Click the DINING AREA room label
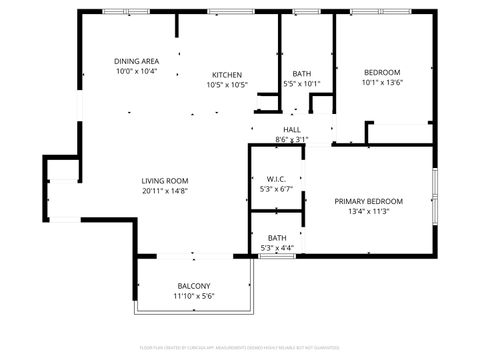pos(136,61)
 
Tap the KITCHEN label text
pos(227,74)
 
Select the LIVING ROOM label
pos(165,180)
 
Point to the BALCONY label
pos(194,285)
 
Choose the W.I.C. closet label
pos(276,178)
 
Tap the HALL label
pos(292,129)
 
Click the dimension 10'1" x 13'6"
pos(382,84)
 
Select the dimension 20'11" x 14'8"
pos(165,191)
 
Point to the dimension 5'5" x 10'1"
pos(301,84)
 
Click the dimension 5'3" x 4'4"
pos(276,247)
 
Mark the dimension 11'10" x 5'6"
pos(194,296)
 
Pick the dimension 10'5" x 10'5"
pos(227,85)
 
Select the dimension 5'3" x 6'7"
pos(276,188)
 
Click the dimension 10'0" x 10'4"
pos(136,72)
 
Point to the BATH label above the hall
pos(301,74)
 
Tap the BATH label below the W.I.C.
pos(276,237)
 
